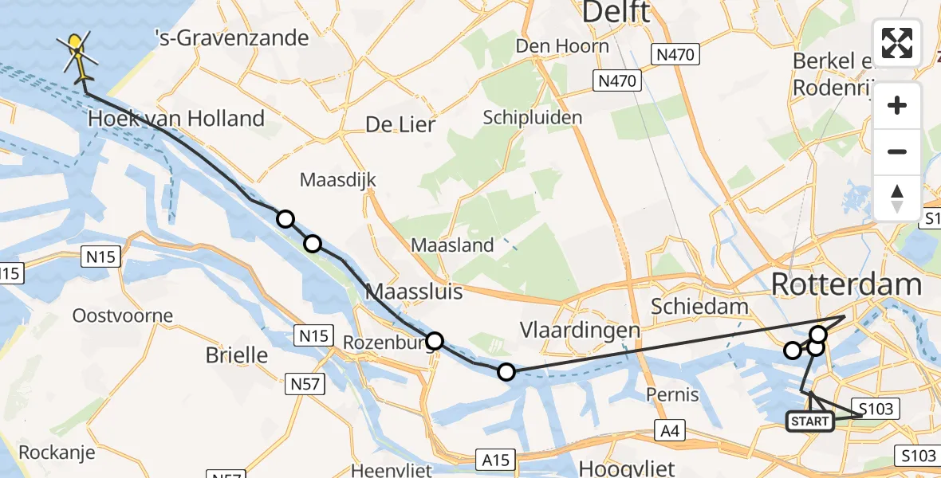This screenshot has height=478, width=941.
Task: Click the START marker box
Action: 810,421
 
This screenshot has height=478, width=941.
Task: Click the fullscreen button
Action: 897,43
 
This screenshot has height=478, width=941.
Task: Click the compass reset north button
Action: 897,198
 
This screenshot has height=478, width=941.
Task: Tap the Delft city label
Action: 616,12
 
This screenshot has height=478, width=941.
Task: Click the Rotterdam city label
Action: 847,284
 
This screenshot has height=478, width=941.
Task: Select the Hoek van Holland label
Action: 176,119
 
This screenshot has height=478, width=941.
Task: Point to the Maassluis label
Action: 414,292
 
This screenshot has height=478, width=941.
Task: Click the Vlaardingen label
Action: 580,330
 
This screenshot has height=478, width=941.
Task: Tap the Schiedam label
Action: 699,306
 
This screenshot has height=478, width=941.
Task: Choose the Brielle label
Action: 237,355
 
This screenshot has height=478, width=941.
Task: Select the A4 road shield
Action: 670,431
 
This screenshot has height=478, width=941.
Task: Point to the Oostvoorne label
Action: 122,315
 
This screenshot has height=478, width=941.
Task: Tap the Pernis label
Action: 675,394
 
